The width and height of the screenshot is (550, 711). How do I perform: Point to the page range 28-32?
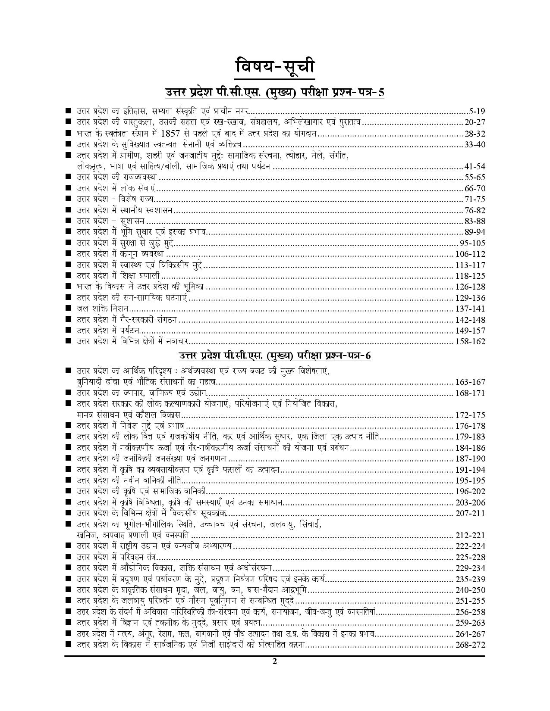click(x=475, y=133)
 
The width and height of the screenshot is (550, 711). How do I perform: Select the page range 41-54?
click(x=475, y=166)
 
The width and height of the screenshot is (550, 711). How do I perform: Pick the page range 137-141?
click(x=470, y=309)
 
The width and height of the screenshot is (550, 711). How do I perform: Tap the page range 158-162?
click(x=470, y=342)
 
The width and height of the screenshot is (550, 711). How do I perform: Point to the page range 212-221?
click(x=470, y=536)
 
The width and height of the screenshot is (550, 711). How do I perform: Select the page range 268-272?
click(x=470, y=645)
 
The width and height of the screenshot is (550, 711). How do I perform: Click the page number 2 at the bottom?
click(x=274, y=662)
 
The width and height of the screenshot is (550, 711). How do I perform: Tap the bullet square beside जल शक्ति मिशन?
click(x=68, y=309)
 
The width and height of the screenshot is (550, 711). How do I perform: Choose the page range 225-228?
click(x=470, y=558)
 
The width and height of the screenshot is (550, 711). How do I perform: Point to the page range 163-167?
click(x=470, y=382)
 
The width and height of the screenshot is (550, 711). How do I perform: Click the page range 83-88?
click(x=475, y=221)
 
